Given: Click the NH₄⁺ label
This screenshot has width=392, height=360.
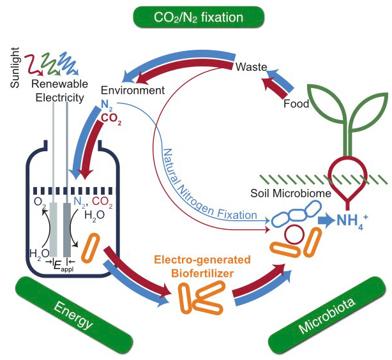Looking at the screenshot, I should (354, 221).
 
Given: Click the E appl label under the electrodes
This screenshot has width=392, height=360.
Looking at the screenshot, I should (59, 263).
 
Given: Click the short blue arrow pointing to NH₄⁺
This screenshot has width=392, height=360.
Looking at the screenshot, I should (326, 221).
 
